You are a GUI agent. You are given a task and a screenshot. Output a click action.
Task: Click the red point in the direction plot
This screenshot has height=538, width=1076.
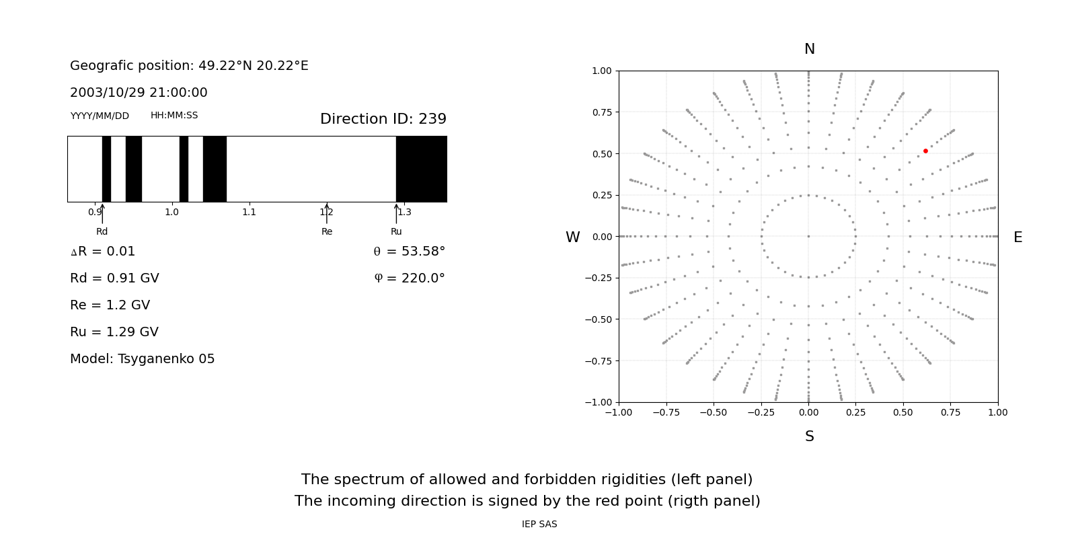(925, 151)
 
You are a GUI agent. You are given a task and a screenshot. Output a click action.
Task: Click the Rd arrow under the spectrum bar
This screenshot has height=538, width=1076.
(102, 213)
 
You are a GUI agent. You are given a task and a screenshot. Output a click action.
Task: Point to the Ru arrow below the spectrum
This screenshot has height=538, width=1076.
(396, 213)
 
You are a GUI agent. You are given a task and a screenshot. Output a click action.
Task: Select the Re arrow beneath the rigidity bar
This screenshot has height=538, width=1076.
(327, 213)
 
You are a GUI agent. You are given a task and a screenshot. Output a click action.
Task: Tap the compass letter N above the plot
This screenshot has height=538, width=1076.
(809, 50)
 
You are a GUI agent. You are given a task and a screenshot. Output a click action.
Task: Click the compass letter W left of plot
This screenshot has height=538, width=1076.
(572, 237)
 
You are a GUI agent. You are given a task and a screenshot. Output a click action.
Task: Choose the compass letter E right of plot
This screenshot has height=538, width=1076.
(1017, 237)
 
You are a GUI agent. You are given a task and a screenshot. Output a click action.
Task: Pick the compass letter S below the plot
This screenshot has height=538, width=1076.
(809, 437)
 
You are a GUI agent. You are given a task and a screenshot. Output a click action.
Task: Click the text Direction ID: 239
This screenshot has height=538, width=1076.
(383, 119)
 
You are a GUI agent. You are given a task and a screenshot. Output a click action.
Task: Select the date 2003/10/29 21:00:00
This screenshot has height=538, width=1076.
(139, 93)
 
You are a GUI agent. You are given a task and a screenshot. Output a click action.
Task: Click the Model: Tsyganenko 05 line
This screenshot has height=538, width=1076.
(142, 359)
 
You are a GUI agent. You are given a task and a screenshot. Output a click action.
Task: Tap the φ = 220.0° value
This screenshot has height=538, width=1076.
(410, 278)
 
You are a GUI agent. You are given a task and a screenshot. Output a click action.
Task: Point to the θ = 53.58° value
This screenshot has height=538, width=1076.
(409, 252)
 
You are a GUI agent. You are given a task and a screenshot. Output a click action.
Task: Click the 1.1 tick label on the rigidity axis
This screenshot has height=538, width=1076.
(249, 213)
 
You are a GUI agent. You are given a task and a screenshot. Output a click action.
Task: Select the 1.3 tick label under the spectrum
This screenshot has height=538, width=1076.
(403, 213)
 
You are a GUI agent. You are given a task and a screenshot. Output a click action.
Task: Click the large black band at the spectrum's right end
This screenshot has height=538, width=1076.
(421, 169)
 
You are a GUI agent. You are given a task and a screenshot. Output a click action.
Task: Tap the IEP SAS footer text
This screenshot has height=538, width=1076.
(539, 525)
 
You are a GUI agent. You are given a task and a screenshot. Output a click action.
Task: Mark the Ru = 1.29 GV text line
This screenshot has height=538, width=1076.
(114, 332)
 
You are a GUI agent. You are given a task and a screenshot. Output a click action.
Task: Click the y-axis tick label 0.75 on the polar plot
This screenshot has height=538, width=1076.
(601, 112)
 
